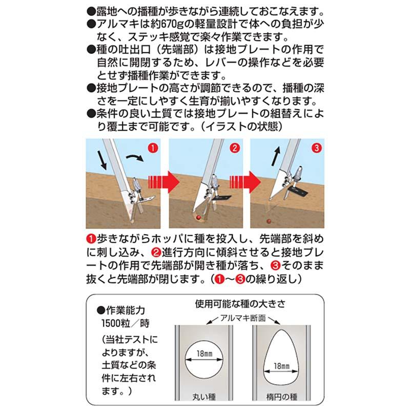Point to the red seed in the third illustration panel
pos(268,221)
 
